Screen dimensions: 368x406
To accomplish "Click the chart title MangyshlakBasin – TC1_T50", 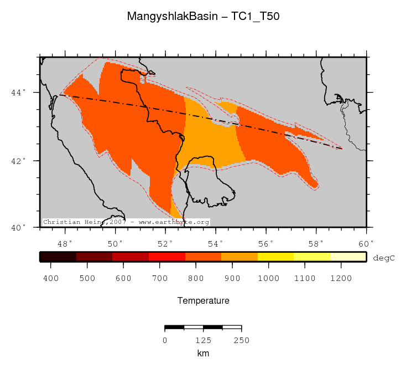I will coord(203,17).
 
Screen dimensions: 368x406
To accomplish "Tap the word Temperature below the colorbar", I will coord(203,301).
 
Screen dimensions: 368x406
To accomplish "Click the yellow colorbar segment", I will coord(275,257).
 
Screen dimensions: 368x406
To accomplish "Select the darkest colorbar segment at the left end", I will coord(58,257).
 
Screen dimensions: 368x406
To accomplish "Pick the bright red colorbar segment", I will coord(166,257).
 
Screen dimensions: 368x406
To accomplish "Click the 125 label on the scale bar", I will coord(203,340).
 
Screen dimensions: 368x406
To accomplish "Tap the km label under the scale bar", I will coord(203,353).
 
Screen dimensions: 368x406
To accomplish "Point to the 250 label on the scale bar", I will coord(241,340).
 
